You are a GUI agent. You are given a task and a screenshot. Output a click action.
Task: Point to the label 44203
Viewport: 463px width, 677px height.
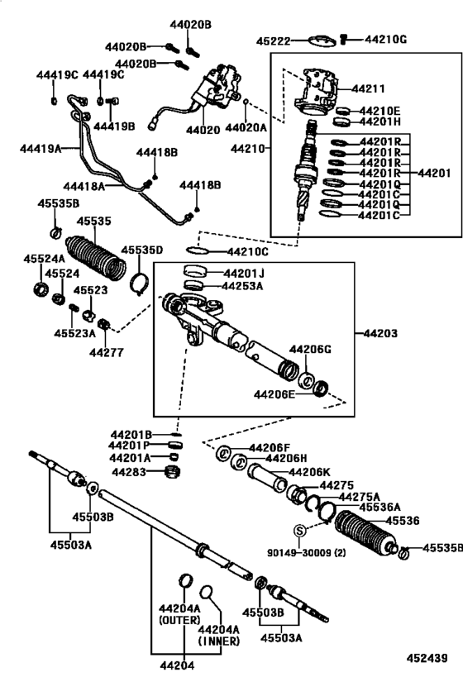(379, 333)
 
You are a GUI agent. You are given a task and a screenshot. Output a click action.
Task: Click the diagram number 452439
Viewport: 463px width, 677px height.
(427, 658)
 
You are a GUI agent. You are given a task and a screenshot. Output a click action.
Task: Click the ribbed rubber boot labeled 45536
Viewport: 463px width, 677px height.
(367, 534)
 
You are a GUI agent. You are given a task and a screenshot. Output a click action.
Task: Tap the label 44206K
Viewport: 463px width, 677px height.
(308, 471)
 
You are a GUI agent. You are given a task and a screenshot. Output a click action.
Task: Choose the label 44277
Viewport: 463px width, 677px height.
(105, 351)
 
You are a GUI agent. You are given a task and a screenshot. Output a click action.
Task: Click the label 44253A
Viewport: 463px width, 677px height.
(242, 286)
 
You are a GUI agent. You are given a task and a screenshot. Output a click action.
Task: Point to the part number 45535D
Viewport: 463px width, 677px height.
(142, 250)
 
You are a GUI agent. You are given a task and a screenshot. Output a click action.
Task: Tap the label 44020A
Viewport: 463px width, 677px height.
(248, 130)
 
